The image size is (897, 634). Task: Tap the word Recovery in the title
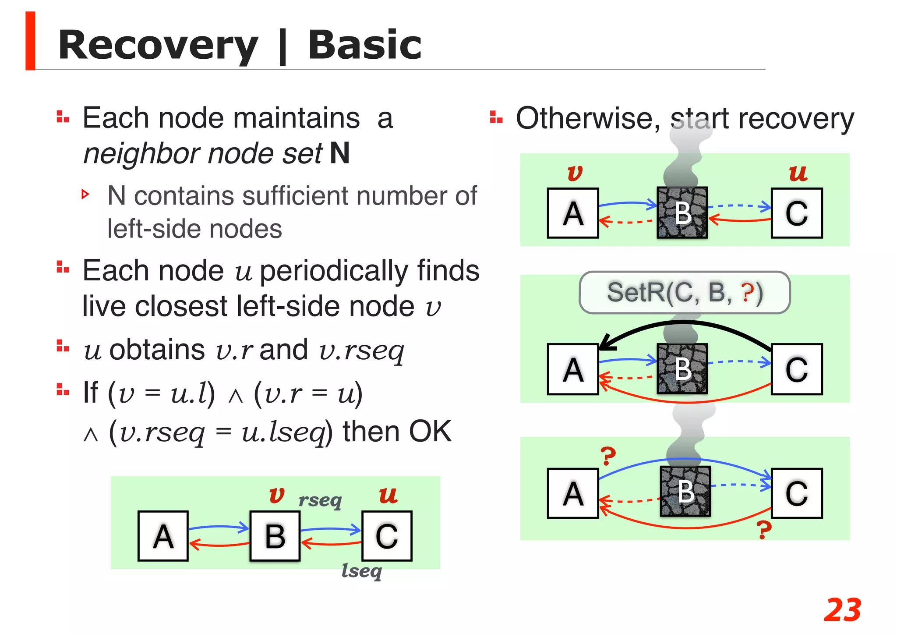(x=158, y=46)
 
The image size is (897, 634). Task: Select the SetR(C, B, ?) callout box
(x=684, y=292)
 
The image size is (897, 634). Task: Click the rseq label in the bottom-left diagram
(x=320, y=500)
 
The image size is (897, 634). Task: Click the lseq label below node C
(x=362, y=571)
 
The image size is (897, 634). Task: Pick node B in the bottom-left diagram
(x=275, y=536)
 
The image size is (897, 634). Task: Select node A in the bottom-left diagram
(x=163, y=536)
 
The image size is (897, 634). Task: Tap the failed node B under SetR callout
(x=682, y=369)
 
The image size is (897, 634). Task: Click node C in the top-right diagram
(x=796, y=213)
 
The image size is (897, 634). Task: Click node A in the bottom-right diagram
(x=573, y=493)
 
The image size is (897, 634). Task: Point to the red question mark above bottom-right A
(x=607, y=456)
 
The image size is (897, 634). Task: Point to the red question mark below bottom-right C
(x=764, y=530)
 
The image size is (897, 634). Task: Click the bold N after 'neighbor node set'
(x=340, y=153)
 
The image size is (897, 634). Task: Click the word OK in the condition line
(x=430, y=432)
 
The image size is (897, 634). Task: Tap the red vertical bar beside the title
(x=30, y=41)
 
